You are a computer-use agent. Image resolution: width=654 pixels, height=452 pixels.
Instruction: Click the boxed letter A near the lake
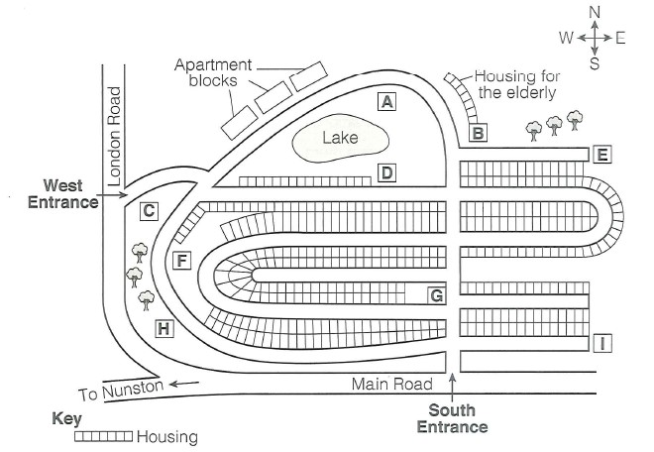tap(387, 101)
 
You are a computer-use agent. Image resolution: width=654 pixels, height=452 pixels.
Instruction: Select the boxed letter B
tap(479, 132)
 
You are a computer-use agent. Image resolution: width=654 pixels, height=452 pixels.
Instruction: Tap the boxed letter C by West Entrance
tap(149, 210)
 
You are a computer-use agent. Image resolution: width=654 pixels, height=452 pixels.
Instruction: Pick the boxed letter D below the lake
tap(387, 173)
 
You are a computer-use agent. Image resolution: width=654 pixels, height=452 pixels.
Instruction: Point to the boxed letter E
tap(601, 154)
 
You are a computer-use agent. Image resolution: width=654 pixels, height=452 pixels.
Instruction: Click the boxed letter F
tap(180, 261)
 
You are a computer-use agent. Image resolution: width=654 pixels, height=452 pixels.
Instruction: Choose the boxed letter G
tap(435, 294)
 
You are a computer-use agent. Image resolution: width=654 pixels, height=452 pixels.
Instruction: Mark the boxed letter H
tap(163, 328)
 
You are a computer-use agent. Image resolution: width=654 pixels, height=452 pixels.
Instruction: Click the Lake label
tap(340, 138)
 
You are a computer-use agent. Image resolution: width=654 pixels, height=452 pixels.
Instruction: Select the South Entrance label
tap(452, 418)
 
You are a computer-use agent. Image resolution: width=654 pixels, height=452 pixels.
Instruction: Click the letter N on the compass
tap(595, 11)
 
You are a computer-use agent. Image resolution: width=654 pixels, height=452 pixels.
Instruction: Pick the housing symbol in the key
tap(103, 435)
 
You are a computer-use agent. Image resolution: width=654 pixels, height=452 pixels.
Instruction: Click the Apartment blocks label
tap(211, 72)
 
